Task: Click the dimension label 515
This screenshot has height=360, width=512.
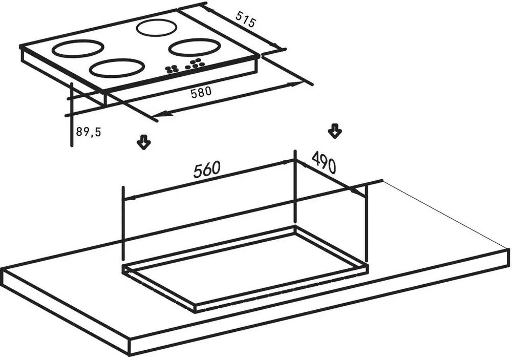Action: tap(245, 20)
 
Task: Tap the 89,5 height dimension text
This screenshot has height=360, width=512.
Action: tap(89, 132)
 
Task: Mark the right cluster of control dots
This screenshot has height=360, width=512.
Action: tap(195, 63)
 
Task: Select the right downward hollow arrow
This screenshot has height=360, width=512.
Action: tap(334, 131)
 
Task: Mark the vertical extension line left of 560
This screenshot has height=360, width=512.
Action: tap(123, 225)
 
